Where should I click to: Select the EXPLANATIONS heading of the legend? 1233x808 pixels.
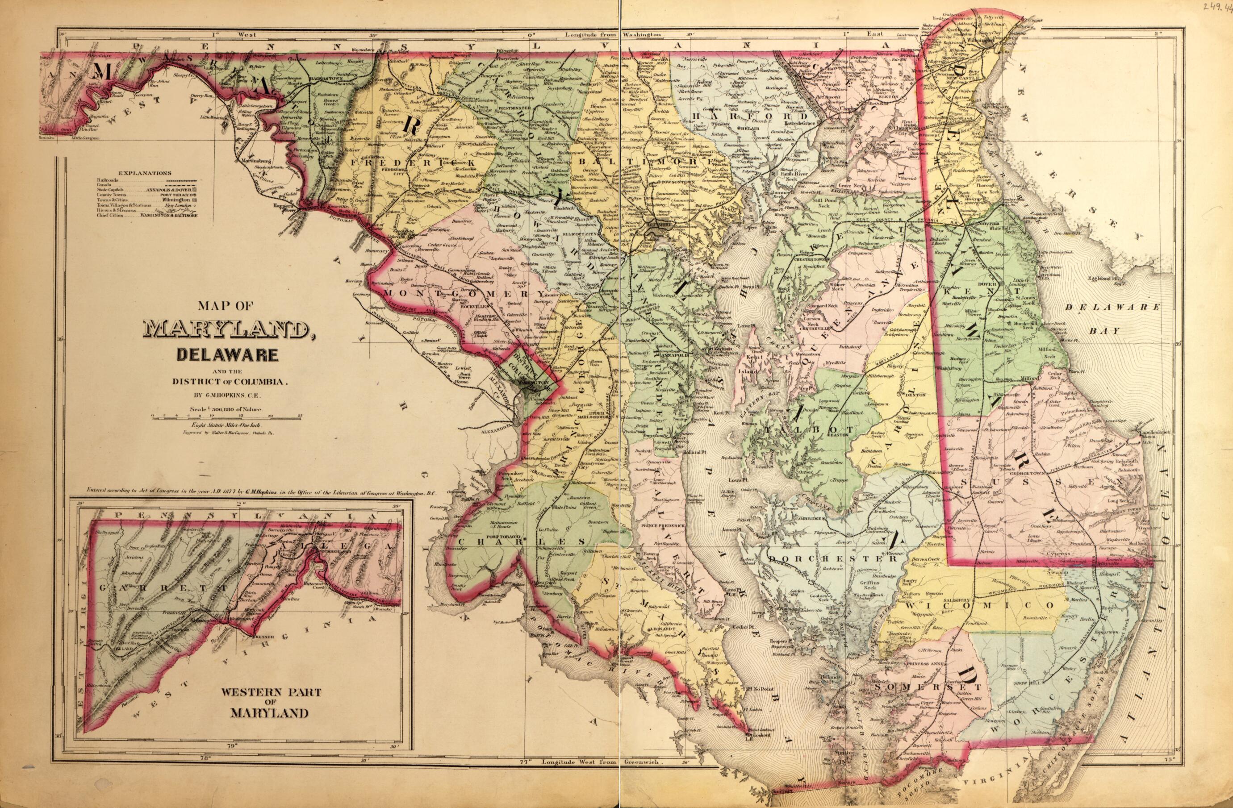[145, 173]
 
